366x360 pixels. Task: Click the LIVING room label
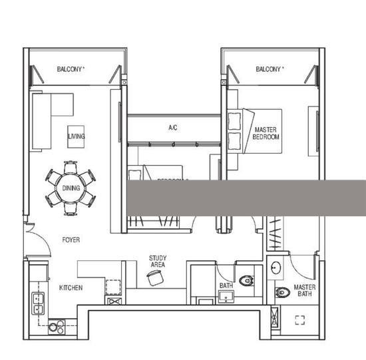76,137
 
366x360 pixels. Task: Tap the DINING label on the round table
71,188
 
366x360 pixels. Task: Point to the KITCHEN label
71,287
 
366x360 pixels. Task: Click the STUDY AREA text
158,262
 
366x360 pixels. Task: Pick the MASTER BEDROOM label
266,132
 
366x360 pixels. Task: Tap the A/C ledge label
172,127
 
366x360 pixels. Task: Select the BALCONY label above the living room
71,69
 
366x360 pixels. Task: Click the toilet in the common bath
247,281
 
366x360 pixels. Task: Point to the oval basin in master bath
275,268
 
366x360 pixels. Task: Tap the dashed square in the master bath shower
299,320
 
